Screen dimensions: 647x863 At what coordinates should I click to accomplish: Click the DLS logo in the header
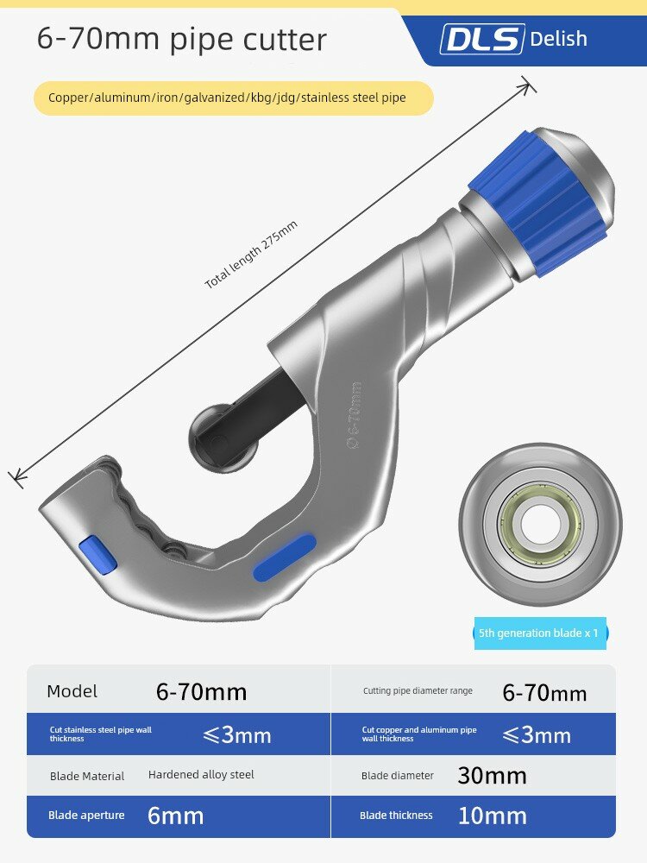[482, 39]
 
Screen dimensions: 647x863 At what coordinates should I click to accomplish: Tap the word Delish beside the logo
[558, 39]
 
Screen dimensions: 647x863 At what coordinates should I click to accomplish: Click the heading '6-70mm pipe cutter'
[181, 39]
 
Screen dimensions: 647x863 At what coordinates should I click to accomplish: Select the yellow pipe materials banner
[234, 98]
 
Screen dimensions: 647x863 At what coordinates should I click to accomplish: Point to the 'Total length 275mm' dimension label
[251, 255]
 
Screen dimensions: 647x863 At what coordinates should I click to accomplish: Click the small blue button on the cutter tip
[97, 554]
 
